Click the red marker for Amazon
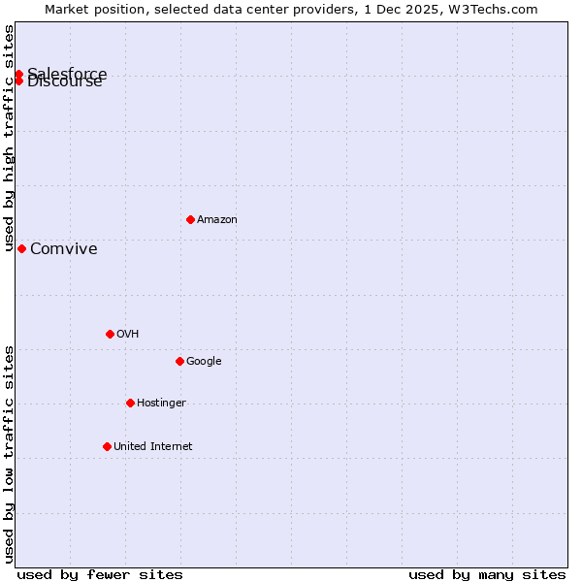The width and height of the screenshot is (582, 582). pyautogui.click(x=190, y=219)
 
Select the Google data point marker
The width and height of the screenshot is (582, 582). pyautogui.click(x=179, y=361)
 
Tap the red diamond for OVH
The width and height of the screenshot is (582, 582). pyautogui.click(x=110, y=334)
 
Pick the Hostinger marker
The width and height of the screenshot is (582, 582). pyautogui.click(x=130, y=403)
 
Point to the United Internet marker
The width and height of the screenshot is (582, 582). pyautogui.click(x=107, y=446)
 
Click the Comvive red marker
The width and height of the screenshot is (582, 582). pyautogui.click(x=21, y=248)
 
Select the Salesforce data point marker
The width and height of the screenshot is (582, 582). pyautogui.click(x=18, y=74)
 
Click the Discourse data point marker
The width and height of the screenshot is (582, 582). pyautogui.click(x=18, y=81)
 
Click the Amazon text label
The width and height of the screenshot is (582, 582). pyautogui.click(x=217, y=220)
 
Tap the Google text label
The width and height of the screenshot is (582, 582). pyautogui.click(x=204, y=362)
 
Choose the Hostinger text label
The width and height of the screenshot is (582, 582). pyautogui.click(x=161, y=404)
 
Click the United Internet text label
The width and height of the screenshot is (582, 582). pyautogui.click(x=152, y=447)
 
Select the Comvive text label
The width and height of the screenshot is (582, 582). pyautogui.click(x=64, y=249)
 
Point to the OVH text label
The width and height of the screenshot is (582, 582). pyautogui.click(x=127, y=335)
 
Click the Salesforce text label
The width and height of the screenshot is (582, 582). pyautogui.click(x=68, y=73)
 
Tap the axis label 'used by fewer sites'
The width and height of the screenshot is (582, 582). pyautogui.click(x=100, y=574)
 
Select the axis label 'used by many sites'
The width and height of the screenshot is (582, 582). pyautogui.click(x=487, y=574)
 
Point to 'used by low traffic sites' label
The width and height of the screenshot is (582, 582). pyautogui.click(x=9, y=454)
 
